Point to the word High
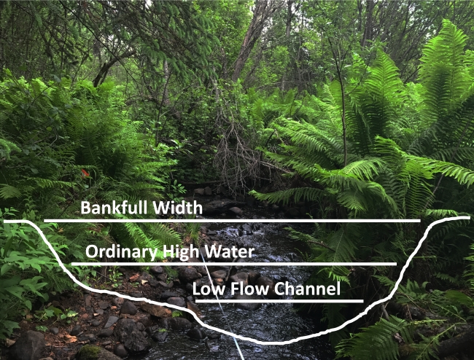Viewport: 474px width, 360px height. pos(185,253)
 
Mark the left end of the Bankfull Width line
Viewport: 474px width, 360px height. pos(44,220)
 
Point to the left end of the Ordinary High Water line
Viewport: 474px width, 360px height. pos(71,264)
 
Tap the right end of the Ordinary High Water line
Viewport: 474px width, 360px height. pos(396,264)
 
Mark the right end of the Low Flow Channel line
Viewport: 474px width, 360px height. pos(362,300)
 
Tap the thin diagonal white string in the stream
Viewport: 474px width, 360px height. pos(226,321)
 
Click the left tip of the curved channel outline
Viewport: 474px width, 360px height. pos(5,221)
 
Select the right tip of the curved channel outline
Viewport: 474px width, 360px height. pos(469,217)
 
